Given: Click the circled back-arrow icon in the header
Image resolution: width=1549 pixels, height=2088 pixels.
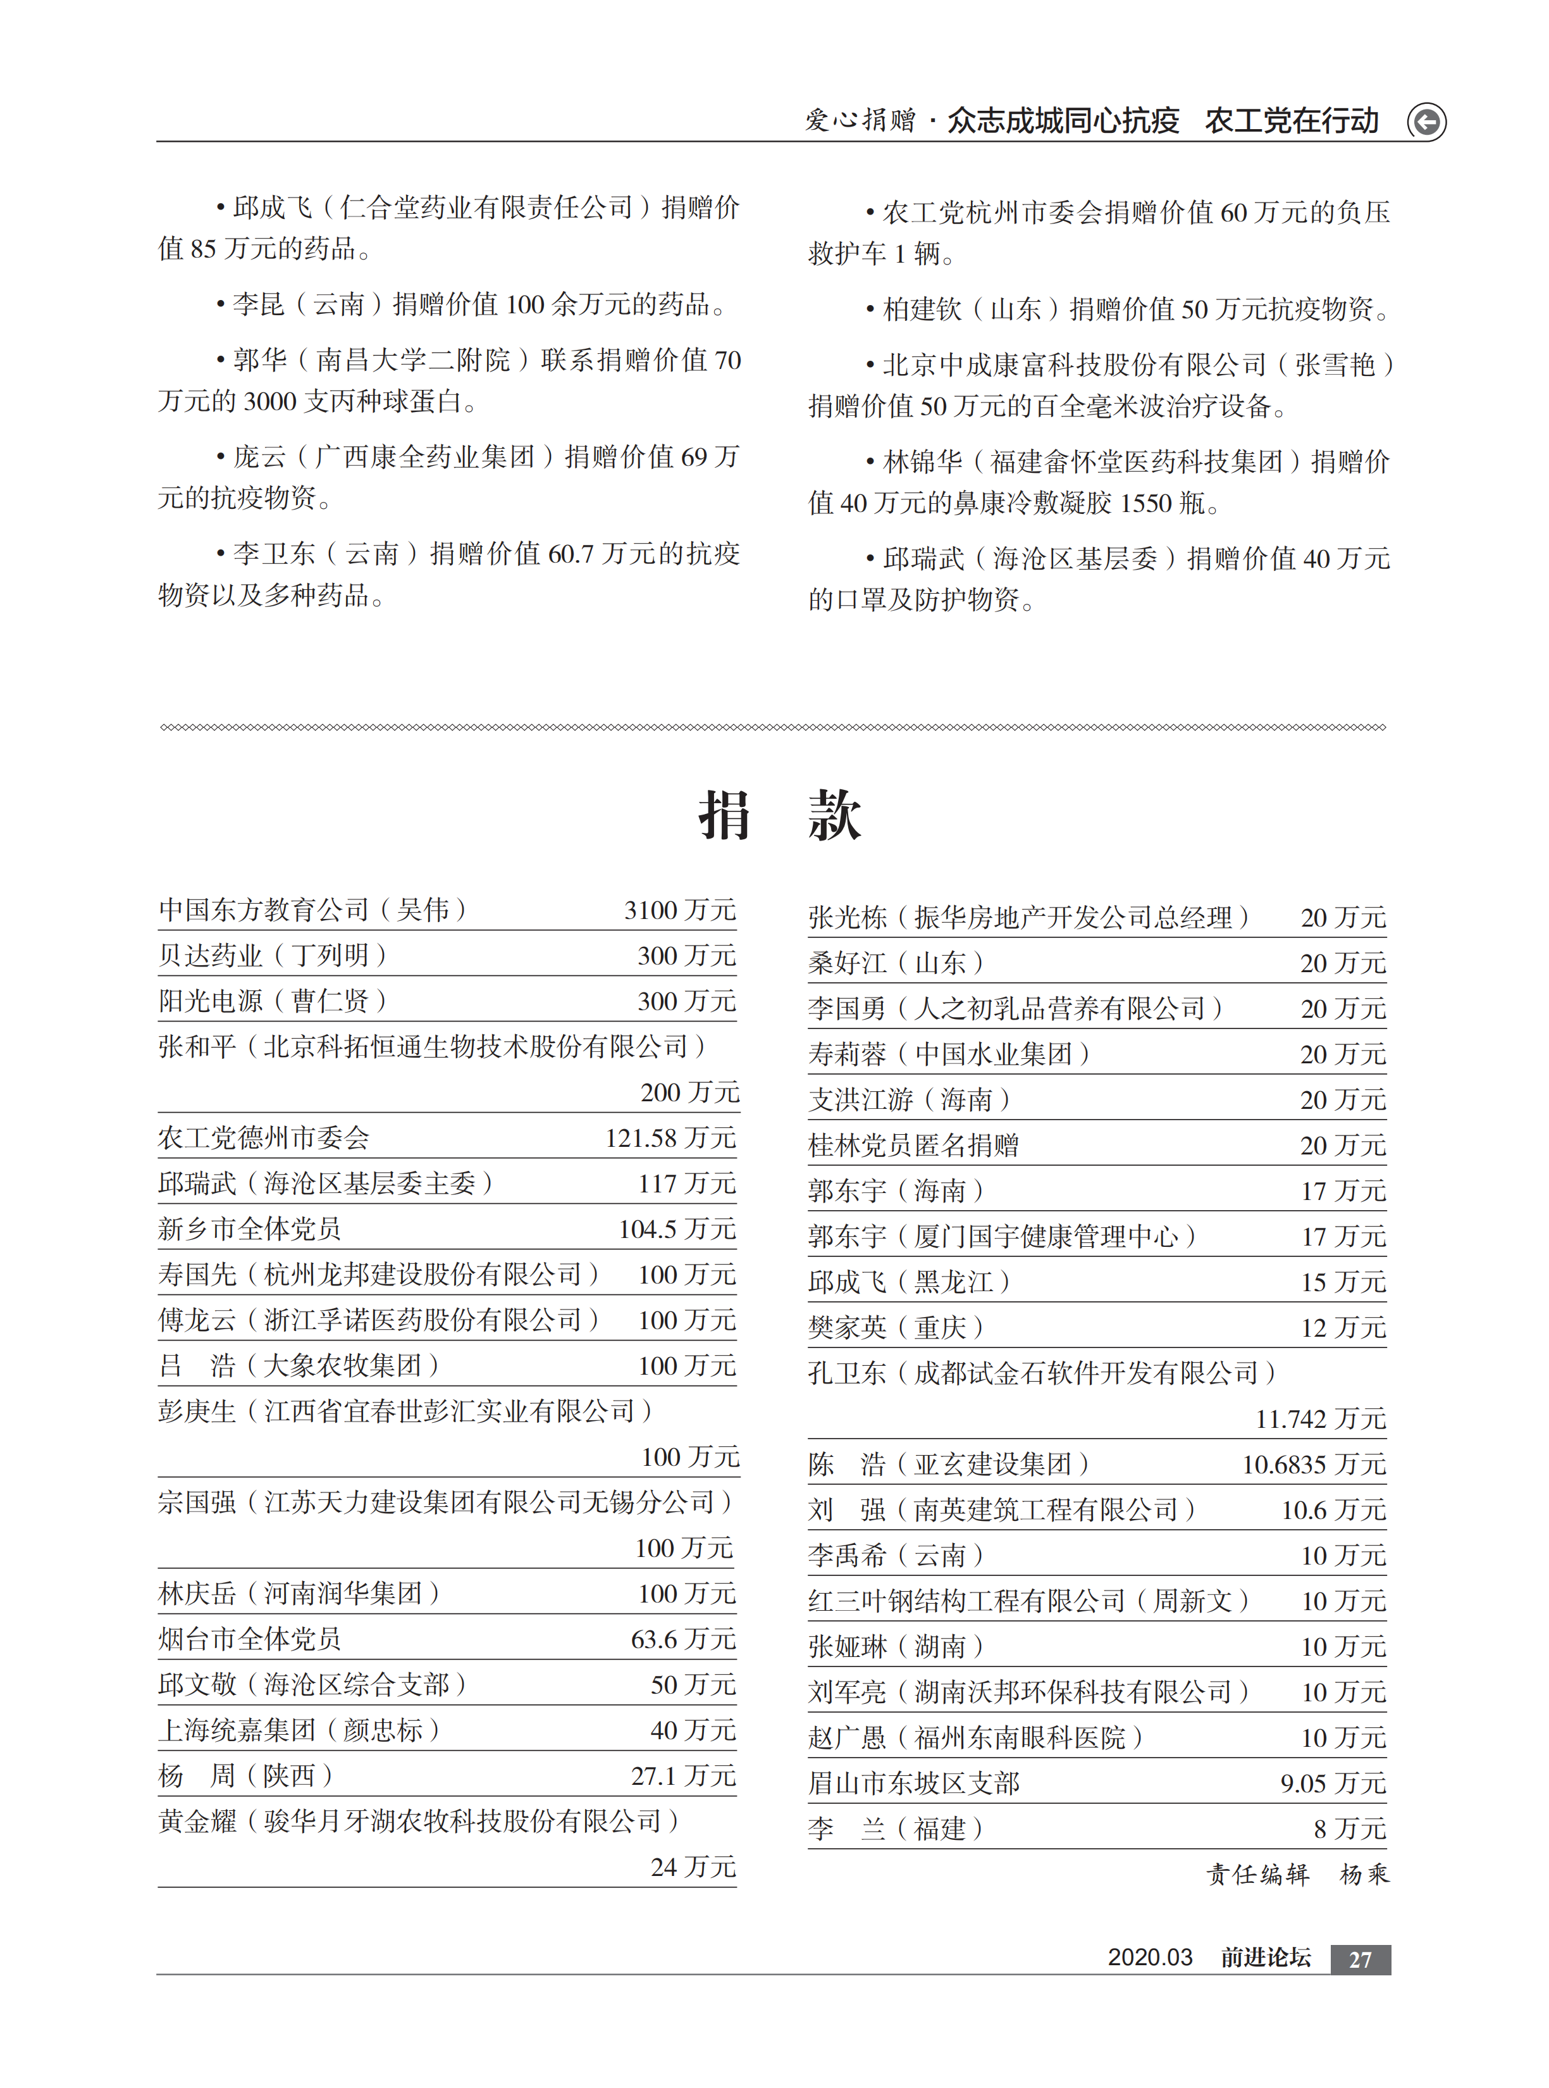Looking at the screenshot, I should tap(1426, 122).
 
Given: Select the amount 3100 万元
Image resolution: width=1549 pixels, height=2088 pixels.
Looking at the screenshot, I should tap(680, 910).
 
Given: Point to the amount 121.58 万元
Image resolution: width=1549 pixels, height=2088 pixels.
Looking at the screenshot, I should tap(670, 1138).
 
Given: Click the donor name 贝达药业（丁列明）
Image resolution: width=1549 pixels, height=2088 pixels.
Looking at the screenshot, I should tap(273, 955).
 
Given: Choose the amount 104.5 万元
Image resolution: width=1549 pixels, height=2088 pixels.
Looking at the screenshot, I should tap(677, 1228).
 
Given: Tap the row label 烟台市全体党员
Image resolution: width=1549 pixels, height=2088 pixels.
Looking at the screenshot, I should tap(249, 1639).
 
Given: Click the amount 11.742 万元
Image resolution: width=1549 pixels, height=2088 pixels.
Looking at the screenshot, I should tap(1320, 1418).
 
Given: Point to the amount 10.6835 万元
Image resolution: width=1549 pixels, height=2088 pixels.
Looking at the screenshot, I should tap(1314, 1464).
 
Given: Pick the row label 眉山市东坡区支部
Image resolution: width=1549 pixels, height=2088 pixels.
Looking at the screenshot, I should tap(913, 1783).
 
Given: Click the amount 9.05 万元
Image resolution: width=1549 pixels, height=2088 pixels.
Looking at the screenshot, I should tap(1333, 1783).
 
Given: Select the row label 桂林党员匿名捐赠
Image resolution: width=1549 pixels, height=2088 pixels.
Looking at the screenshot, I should tap(913, 1146).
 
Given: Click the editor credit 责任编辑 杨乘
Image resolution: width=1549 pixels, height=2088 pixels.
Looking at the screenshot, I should tap(1297, 1874).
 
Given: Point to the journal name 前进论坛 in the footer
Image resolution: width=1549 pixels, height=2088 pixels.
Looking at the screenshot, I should tap(1265, 1957).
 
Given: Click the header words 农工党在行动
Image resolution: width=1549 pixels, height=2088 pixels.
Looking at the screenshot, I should tap(1291, 121).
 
